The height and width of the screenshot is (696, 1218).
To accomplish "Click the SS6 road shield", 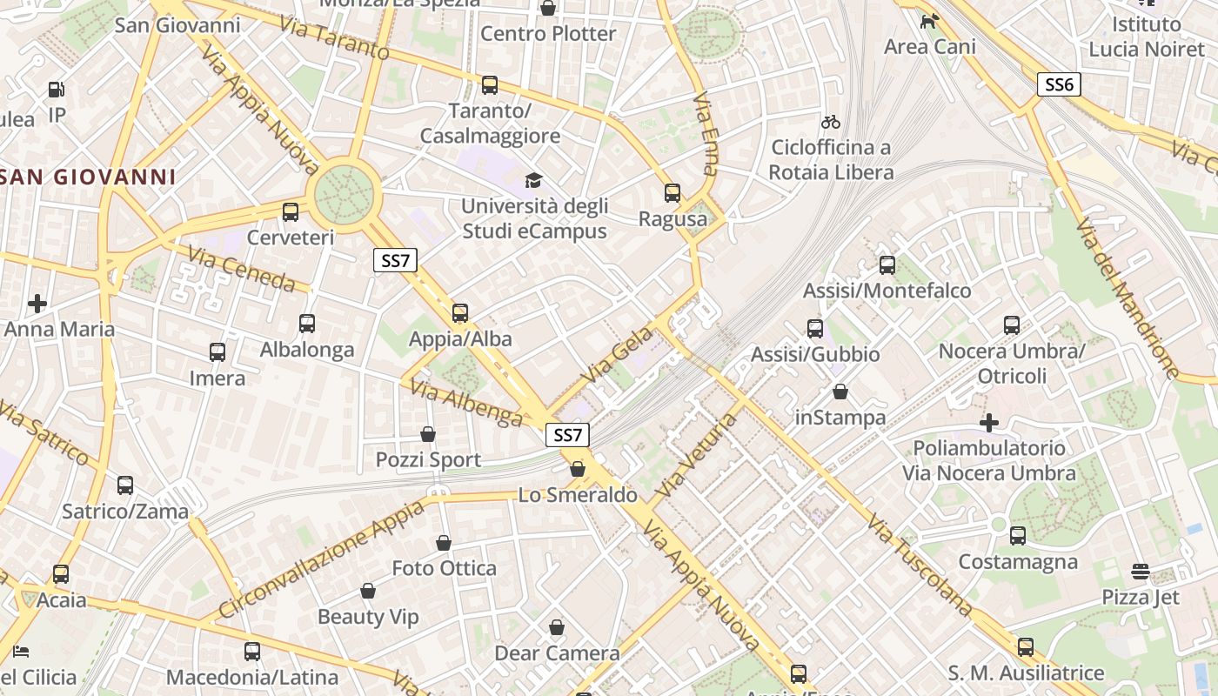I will click(x=1059, y=84).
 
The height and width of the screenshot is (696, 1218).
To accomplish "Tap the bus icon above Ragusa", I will click(x=672, y=192).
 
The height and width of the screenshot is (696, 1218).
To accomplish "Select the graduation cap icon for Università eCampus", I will click(x=533, y=180).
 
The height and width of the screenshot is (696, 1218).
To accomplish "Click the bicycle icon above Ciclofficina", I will click(x=831, y=122).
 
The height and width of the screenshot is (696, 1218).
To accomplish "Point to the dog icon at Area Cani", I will click(x=929, y=21).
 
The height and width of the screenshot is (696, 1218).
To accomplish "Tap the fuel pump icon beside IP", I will click(x=57, y=89).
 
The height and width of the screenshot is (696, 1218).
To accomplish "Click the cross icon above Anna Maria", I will click(x=37, y=303).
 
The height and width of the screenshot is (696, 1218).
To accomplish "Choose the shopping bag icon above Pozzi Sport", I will click(x=428, y=433).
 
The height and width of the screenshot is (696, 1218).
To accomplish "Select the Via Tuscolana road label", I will click(x=920, y=564).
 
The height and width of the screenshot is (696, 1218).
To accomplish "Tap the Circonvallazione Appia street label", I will click(x=321, y=559).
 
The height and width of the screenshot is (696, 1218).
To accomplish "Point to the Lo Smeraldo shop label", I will click(x=578, y=495).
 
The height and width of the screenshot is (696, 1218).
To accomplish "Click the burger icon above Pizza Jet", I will click(x=1140, y=571).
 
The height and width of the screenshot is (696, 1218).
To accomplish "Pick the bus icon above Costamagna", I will click(x=1017, y=535).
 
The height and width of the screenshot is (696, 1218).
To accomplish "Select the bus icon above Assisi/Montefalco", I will click(x=887, y=264).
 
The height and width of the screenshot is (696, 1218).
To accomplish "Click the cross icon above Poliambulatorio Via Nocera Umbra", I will click(x=989, y=423).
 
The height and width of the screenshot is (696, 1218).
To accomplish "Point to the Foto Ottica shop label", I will click(x=444, y=568).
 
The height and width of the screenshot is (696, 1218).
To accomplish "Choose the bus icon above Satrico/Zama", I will click(x=125, y=485).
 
